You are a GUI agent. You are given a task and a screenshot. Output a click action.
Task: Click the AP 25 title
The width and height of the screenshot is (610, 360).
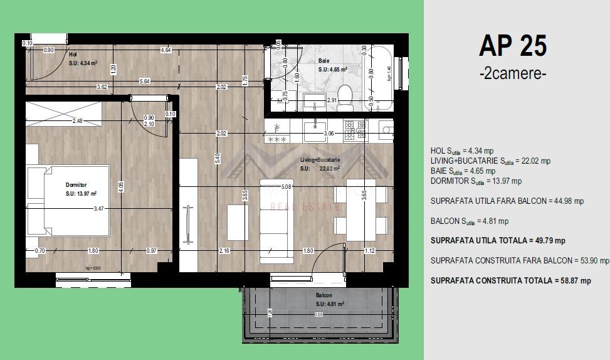click(512, 46)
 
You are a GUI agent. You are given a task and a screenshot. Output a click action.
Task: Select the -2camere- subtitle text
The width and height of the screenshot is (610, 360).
click(512, 73)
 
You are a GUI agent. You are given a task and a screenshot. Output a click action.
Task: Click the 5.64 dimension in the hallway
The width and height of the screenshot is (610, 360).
click(144, 81)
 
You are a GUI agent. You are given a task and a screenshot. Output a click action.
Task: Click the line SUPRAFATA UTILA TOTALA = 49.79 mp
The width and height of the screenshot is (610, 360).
click(498, 240)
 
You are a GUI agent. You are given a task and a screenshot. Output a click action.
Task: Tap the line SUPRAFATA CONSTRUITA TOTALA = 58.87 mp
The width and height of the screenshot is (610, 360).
click(510, 281)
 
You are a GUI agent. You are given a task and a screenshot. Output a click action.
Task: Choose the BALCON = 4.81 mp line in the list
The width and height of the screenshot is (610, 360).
click(470, 221)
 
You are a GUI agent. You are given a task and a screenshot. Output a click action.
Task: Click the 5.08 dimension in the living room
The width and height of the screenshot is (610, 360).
click(288, 186)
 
